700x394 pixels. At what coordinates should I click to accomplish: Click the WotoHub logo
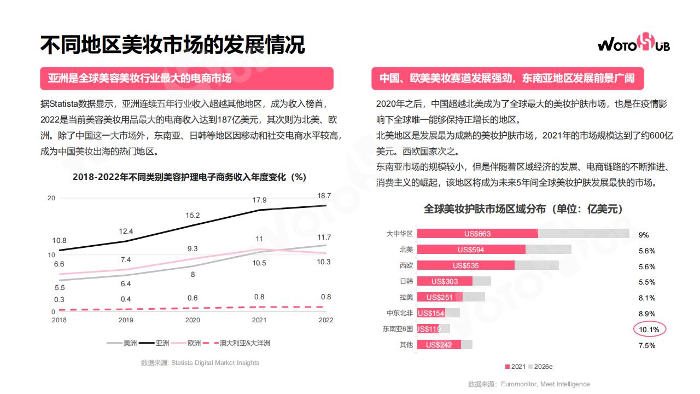633,43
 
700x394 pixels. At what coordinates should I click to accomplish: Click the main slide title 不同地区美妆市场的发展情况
172,45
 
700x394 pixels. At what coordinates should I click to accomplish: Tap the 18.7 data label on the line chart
324,196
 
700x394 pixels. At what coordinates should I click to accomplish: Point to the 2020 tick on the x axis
192,320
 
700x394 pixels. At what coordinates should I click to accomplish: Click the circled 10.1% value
650,329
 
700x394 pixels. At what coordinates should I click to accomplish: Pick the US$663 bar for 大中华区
477,234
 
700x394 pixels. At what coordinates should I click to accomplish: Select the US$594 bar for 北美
471,250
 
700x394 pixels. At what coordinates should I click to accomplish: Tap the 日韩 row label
406,281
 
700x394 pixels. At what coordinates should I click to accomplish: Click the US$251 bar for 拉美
440,297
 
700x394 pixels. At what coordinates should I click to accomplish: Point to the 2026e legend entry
540,367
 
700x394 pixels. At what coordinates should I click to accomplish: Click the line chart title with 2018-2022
189,177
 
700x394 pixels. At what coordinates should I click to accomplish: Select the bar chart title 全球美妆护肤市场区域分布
523,209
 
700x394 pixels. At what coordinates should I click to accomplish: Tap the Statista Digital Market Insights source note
200,363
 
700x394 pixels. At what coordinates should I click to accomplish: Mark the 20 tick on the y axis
51,198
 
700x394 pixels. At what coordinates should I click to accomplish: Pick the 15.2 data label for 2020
192,216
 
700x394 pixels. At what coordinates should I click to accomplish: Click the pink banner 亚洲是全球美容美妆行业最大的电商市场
186,78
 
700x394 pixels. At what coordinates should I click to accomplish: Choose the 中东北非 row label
400,313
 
